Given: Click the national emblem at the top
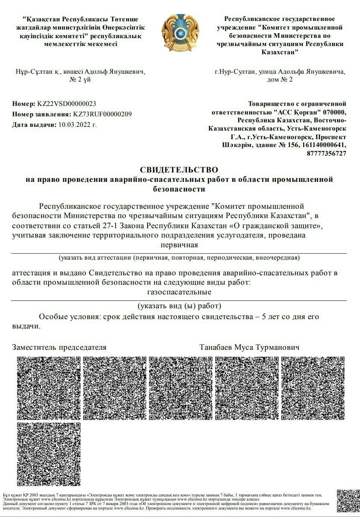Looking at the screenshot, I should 180,33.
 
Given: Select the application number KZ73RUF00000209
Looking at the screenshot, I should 102,114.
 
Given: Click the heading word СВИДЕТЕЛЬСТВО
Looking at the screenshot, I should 179,170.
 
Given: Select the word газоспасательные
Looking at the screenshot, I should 179,292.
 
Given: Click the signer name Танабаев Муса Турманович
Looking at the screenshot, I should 249,347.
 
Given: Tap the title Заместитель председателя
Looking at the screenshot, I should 59,347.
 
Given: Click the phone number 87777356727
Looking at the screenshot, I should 326,153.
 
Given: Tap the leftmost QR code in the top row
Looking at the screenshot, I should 49,388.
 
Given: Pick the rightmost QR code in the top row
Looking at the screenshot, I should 313,388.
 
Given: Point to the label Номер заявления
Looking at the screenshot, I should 41,114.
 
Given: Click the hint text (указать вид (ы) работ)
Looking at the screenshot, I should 179,306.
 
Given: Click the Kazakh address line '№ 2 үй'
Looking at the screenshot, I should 80,79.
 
